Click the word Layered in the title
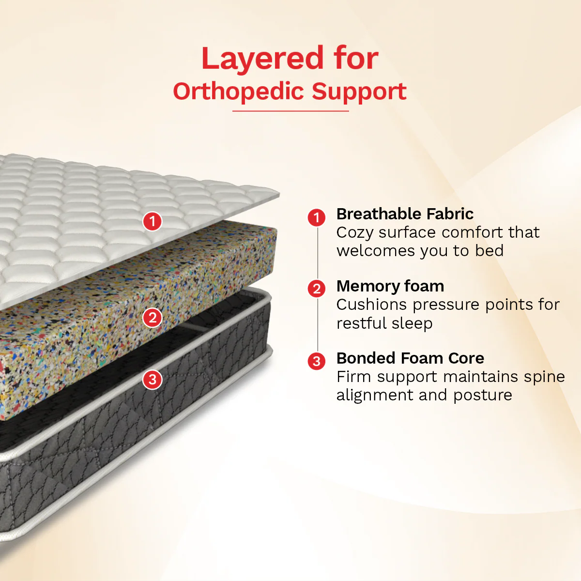click(x=262, y=59)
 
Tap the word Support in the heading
click(x=359, y=92)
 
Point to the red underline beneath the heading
click(x=290, y=111)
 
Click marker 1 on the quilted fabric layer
click(x=152, y=221)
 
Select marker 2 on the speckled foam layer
click(x=153, y=318)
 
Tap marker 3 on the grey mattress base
click(x=153, y=380)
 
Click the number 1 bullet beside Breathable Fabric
click(x=317, y=217)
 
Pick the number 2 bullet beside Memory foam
click(x=317, y=289)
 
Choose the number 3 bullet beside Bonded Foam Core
click(x=317, y=361)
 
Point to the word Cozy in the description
click(x=355, y=233)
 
